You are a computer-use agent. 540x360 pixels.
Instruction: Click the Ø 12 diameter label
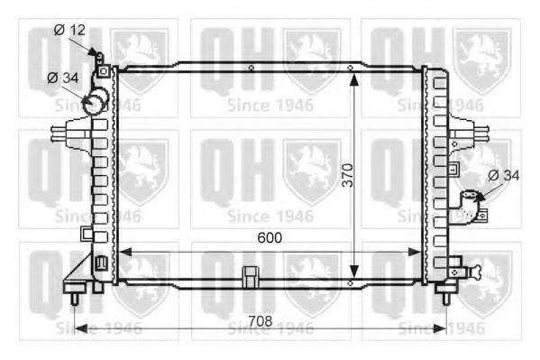[69, 30]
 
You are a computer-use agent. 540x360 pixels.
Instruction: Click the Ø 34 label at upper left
[63, 78]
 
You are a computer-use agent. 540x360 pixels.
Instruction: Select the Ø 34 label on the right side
[504, 176]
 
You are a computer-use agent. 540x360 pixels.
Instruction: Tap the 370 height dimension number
[348, 175]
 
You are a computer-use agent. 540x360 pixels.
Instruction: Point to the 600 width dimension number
[270, 237]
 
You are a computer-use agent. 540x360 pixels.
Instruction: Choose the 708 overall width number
[261, 321]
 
